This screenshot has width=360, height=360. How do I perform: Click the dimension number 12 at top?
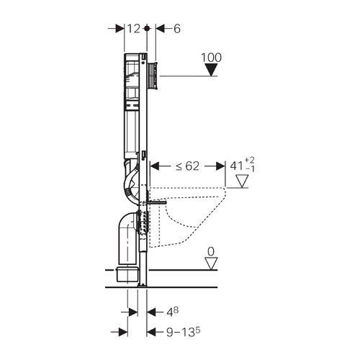pyautogui.click(x=133, y=29)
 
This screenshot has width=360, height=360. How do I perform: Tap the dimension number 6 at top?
pyautogui.click(x=176, y=29)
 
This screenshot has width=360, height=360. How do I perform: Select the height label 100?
pyautogui.click(x=211, y=58)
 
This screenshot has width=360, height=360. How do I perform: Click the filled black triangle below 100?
pyautogui.click(x=211, y=70)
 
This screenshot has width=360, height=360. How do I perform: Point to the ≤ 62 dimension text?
pyautogui.click(x=187, y=166)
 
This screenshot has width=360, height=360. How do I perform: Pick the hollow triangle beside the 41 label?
pyautogui.click(x=242, y=181)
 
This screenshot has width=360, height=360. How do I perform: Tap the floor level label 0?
pyautogui.click(x=211, y=252)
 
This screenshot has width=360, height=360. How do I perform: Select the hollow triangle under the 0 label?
pyautogui.click(x=211, y=264)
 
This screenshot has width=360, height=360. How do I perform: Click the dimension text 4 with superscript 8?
pyautogui.click(x=173, y=312)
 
